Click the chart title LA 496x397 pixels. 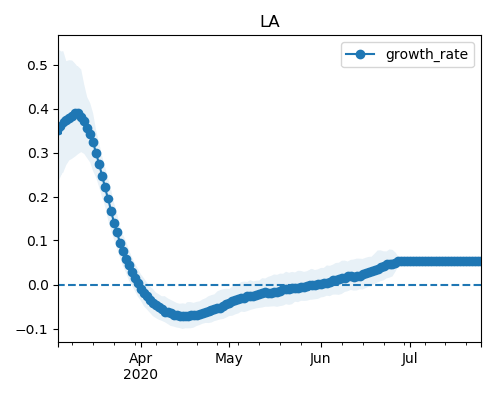tap(270, 22)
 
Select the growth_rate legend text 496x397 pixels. tap(427, 54)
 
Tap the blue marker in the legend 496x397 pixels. tap(360, 54)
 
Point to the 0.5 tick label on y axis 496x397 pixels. tap(37, 66)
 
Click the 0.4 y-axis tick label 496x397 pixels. tap(37, 109)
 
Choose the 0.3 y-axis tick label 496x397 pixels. tap(37, 153)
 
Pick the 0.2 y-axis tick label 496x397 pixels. tap(37, 198)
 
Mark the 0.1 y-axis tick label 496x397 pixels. tap(37, 241)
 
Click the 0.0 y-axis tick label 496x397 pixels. tap(37, 285)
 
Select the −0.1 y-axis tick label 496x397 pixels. tap(32, 330)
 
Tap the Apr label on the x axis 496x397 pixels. tap(141, 359)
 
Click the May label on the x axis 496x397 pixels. tap(229, 359)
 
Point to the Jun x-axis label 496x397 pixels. tap(320, 359)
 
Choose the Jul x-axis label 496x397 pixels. tap(409, 359)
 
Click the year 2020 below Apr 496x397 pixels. tap(141, 375)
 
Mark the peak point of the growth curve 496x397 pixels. tap(77, 115)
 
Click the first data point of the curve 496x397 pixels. tap(59, 130)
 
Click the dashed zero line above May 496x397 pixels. tap(229, 285)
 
